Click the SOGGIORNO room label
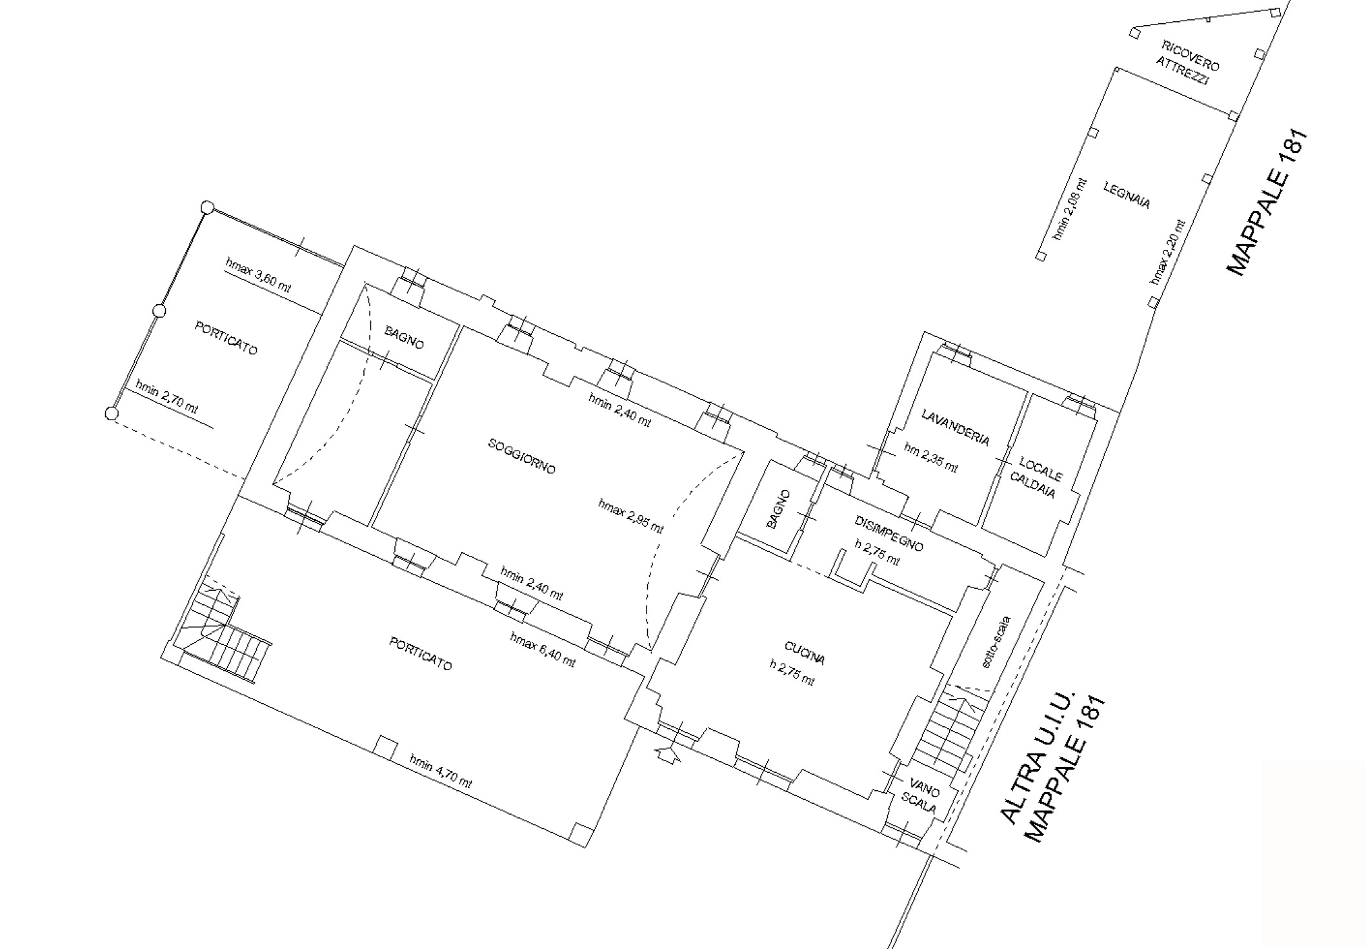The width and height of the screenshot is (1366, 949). click(x=521, y=456)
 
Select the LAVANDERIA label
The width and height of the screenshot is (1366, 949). click(x=955, y=427)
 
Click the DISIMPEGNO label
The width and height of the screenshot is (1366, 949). click(x=889, y=534)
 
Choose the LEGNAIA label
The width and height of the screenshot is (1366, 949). click(x=1127, y=196)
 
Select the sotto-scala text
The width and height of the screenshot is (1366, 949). click(x=996, y=643)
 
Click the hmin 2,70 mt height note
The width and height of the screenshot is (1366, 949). click(x=166, y=396)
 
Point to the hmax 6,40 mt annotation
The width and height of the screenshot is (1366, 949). click(x=542, y=650)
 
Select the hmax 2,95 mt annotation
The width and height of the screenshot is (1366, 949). click(x=630, y=516)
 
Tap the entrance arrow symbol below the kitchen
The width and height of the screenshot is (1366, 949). click(x=667, y=753)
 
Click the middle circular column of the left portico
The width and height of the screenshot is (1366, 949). click(x=159, y=311)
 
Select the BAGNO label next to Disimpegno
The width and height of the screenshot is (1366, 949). click(x=779, y=509)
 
